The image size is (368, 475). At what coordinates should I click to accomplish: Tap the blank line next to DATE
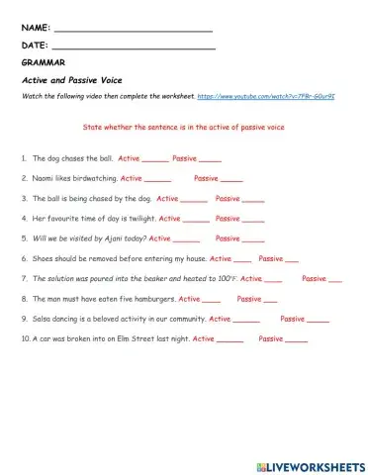[132, 47]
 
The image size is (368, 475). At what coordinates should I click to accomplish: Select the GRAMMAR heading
[41, 62]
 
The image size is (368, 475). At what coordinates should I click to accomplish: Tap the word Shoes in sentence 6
[44, 258]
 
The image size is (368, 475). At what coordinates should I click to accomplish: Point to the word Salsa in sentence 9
[43, 319]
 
